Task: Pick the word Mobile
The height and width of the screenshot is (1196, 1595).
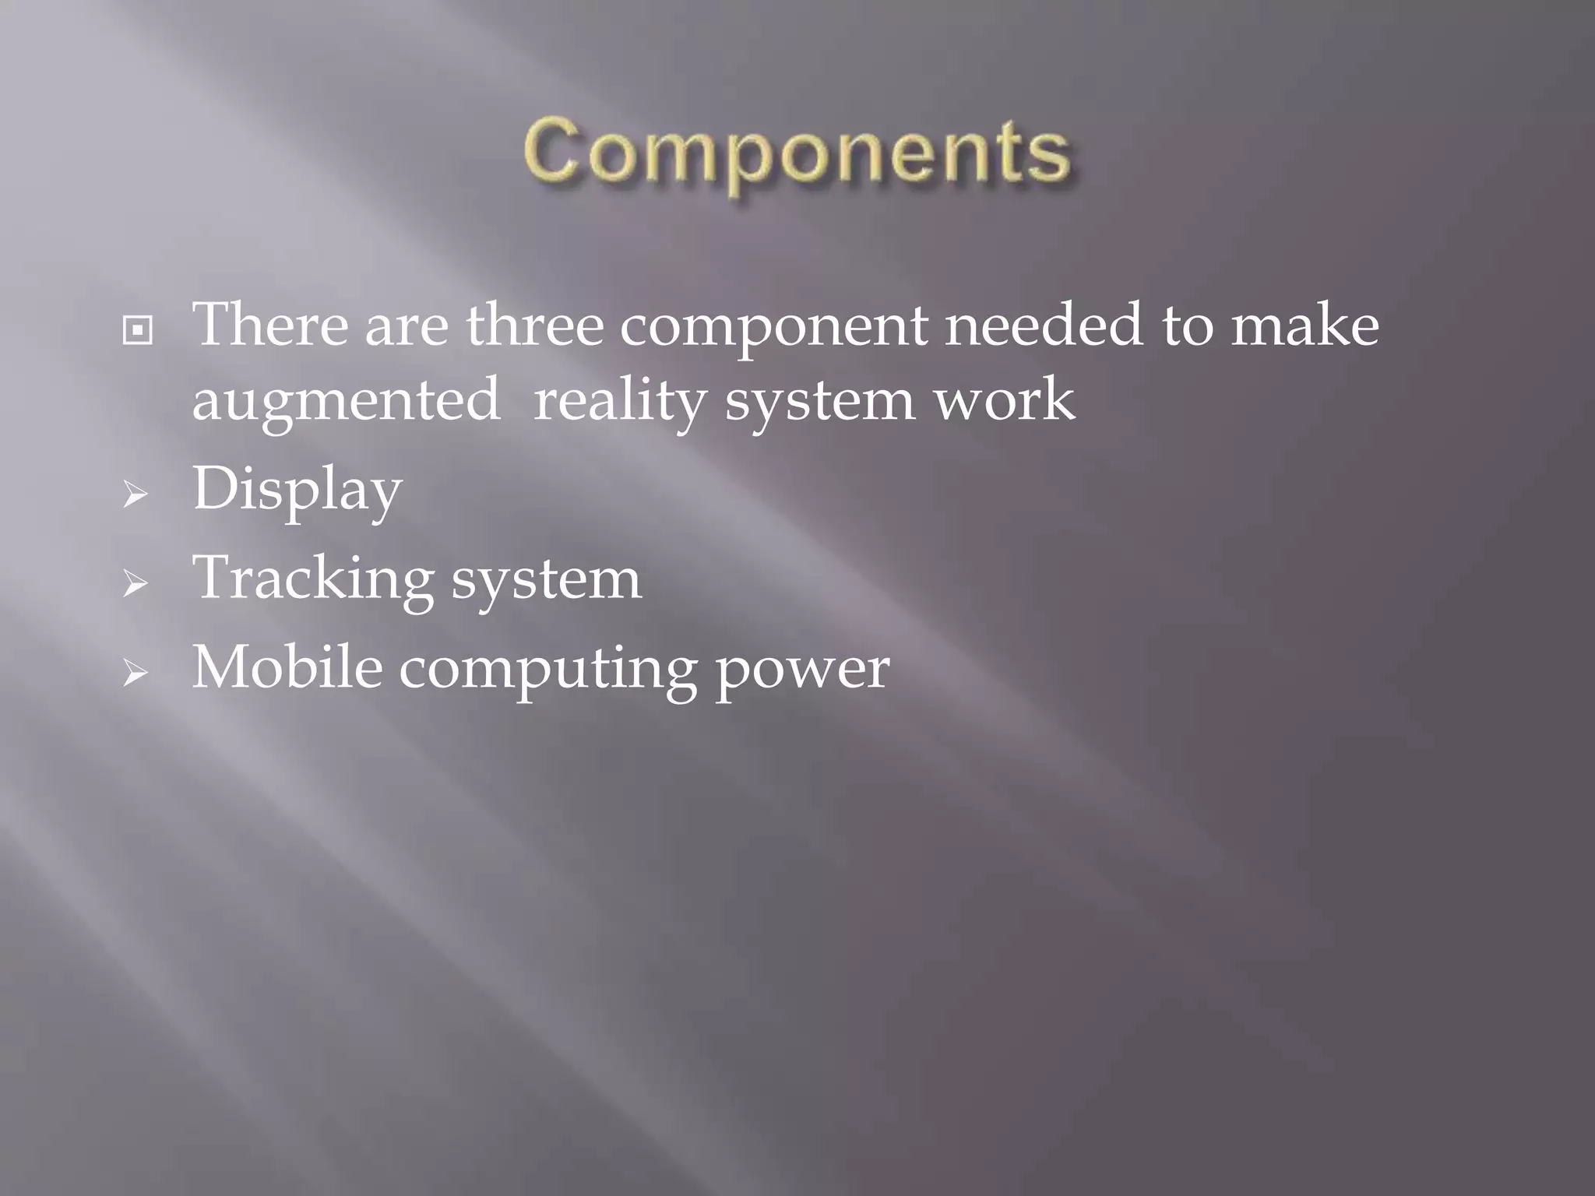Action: pos(287,667)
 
